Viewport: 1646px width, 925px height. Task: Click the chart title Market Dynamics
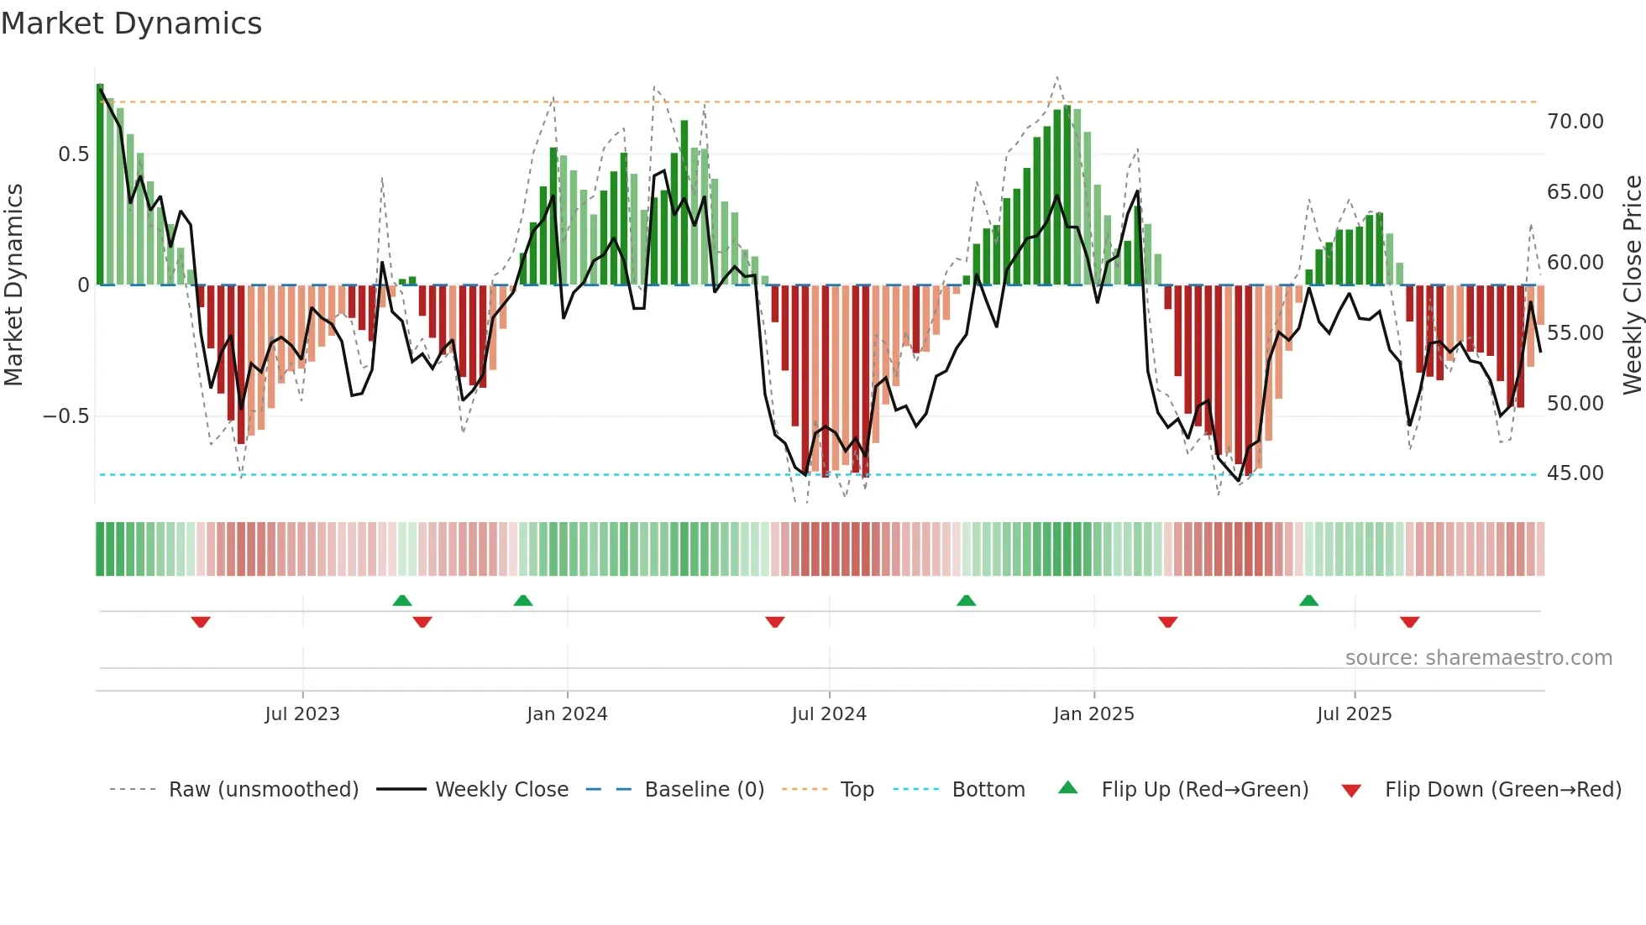pos(132,24)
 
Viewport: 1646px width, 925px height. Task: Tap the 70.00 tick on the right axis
pos(1575,122)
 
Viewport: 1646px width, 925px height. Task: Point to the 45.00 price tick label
pos(1575,473)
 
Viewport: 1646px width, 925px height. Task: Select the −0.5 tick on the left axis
pos(66,416)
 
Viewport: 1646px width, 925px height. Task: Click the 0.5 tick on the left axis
pos(73,154)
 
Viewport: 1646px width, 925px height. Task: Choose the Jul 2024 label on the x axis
pos(828,714)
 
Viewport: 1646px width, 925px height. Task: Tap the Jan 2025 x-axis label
pos(1093,714)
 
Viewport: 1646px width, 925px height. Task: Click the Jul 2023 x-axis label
pos(302,714)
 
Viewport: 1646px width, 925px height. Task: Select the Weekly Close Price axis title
pos(1632,285)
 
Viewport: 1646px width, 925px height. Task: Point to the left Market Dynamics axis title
pos(13,285)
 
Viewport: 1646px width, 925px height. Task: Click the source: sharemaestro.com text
pos(1478,658)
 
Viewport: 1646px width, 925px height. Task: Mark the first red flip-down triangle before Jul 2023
pos(201,622)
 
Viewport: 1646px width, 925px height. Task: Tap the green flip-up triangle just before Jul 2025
pos(1308,600)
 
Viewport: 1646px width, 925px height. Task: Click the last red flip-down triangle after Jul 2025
pos(1409,622)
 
